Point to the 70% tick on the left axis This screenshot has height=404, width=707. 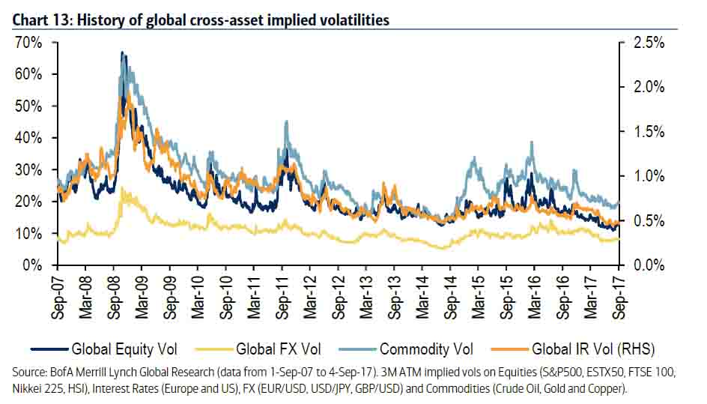click(26, 43)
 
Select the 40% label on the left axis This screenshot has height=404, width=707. click(26, 138)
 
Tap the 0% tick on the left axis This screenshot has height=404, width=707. click(31, 265)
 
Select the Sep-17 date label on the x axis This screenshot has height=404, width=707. click(619, 298)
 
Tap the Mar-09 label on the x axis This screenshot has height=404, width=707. click(142, 298)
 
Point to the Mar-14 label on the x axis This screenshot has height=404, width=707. click(422, 298)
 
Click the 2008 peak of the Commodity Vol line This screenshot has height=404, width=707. click(122, 52)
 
